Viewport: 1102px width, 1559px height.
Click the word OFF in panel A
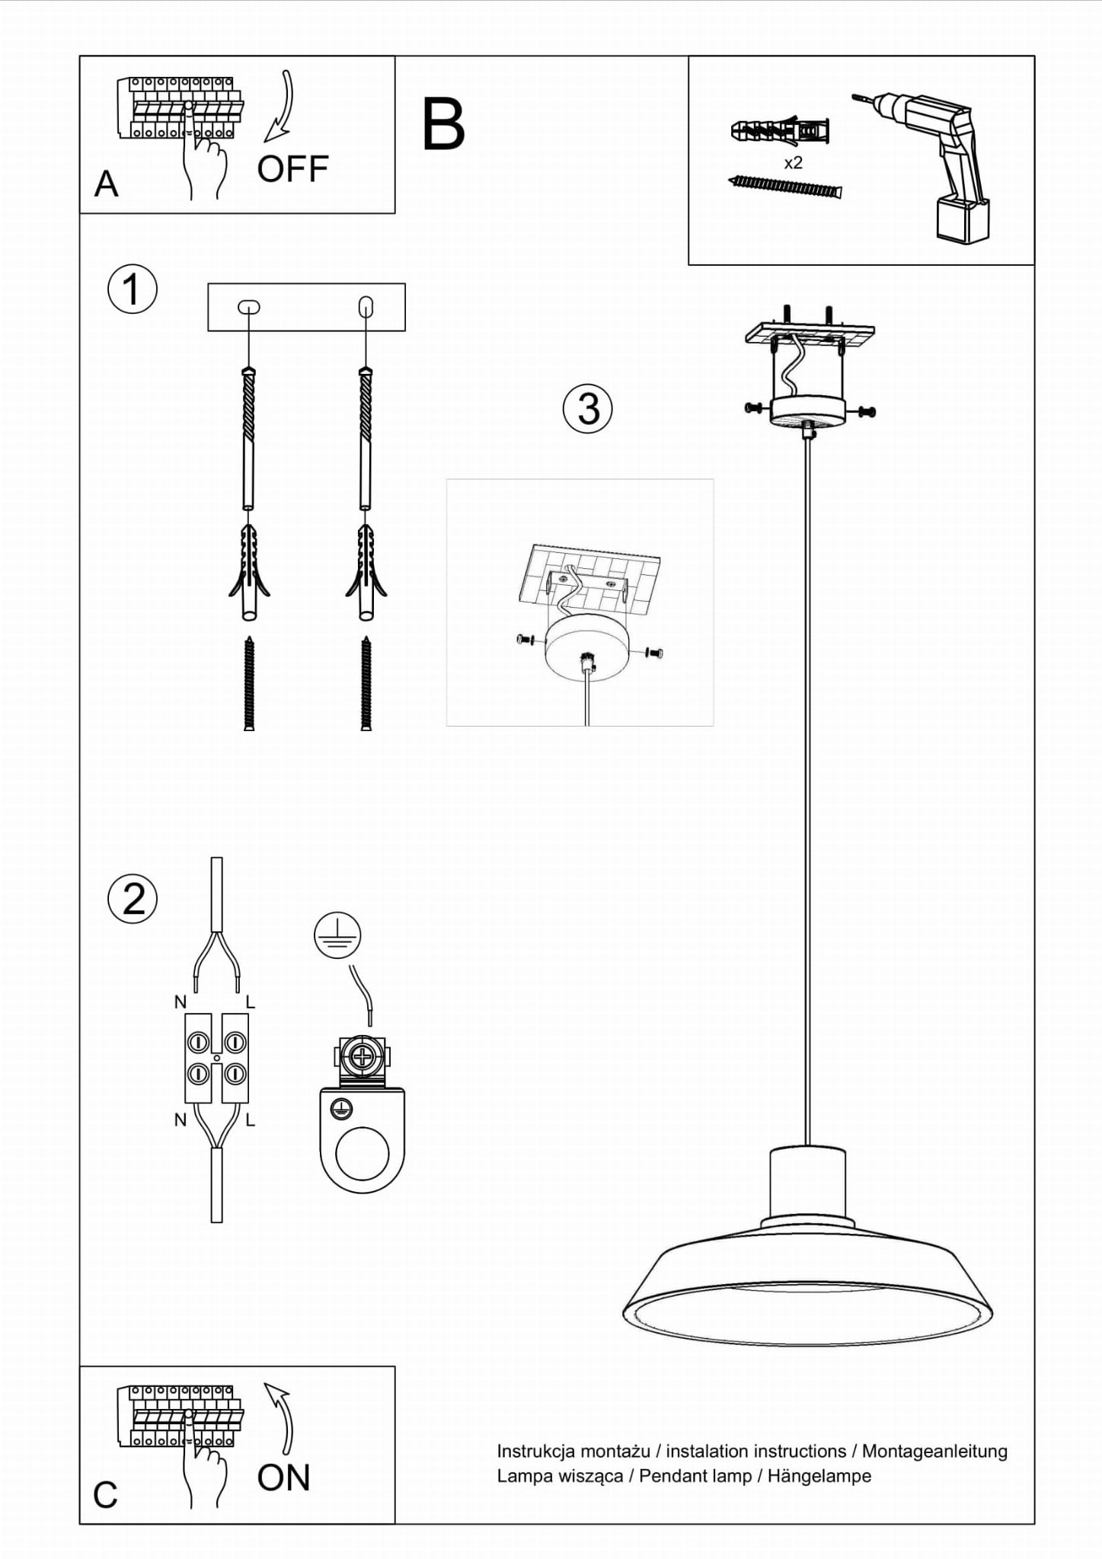click(x=292, y=169)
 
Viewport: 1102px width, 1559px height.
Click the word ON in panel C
click(x=284, y=1478)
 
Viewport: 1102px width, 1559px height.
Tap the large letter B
click(x=443, y=123)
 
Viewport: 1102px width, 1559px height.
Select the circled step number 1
click(x=133, y=289)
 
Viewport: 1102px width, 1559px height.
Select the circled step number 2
click(x=133, y=899)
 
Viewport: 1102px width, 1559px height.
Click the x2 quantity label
click(x=793, y=162)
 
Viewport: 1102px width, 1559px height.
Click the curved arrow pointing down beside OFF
click(x=281, y=107)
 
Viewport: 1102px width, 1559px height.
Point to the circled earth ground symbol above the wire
click(x=337, y=934)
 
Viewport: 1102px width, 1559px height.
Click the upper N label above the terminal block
click(x=180, y=1002)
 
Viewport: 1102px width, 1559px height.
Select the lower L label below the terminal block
click(x=251, y=1120)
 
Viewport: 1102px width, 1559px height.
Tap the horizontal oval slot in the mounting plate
click(x=249, y=307)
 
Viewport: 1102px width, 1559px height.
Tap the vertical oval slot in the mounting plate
click(x=366, y=307)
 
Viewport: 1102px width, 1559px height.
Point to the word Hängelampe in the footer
click(x=819, y=1475)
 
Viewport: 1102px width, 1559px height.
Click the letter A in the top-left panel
click(x=107, y=184)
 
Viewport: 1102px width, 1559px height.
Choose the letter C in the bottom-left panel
click(x=105, y=1494)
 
